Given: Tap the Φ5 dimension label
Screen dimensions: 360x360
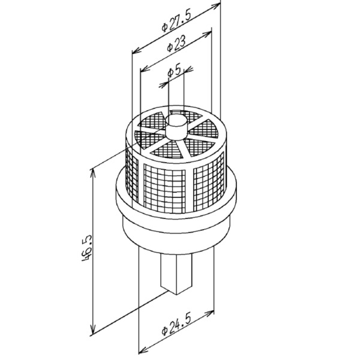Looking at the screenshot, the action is click(175, 71).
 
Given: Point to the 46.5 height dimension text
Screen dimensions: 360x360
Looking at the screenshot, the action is click(87, 248).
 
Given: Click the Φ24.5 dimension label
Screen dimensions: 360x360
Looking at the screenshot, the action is click(176, 325).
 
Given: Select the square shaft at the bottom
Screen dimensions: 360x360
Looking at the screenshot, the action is click(176, 274).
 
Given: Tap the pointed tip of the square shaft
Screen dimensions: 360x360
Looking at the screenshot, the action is click(176, 295).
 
